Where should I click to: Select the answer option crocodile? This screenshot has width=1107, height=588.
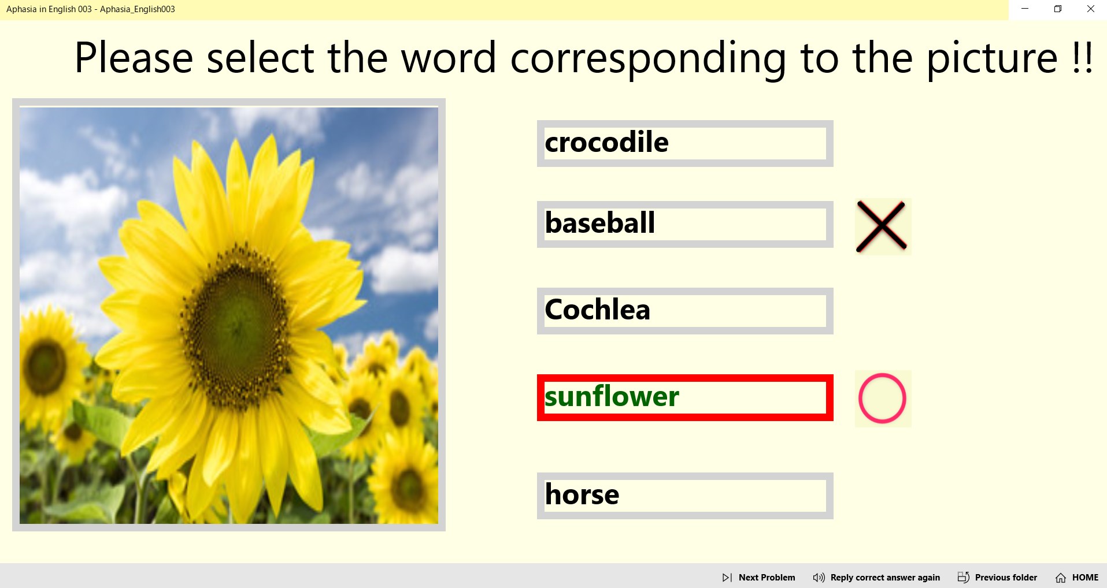click(685, 143)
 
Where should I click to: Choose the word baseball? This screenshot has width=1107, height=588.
click(685, 224)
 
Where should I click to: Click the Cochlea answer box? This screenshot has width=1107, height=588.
click(685, 311)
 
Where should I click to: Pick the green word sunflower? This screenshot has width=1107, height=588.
click(612, 396)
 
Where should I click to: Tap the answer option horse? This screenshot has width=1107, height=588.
click(685, 496)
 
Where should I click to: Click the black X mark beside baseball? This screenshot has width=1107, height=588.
click(882, 226)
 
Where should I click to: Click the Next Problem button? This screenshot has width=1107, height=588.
click(758, 578)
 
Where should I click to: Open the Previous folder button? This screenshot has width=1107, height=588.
click(997, 578)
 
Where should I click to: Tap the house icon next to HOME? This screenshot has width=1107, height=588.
click(1061, 578)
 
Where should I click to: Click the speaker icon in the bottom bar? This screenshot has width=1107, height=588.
click(819, 578)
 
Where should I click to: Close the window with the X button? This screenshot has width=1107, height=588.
click(1091, 9)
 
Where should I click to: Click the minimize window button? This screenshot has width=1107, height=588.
click(1025, 9)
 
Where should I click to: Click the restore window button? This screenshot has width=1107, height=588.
click(1058, 9)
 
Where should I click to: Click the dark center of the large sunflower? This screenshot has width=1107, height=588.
click(237, 323)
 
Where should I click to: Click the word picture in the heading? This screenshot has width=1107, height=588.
click(992, 58)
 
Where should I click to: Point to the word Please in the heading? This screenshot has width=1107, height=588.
click(134, 58)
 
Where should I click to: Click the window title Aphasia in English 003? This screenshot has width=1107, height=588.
click(49, 9)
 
